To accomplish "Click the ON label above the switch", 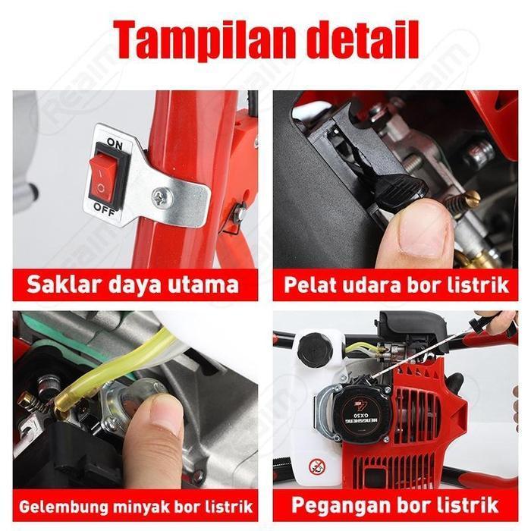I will click(x=115, y=143).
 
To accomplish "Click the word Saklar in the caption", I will click(x=61, y=285).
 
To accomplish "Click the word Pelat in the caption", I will click(x=308, y=285).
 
